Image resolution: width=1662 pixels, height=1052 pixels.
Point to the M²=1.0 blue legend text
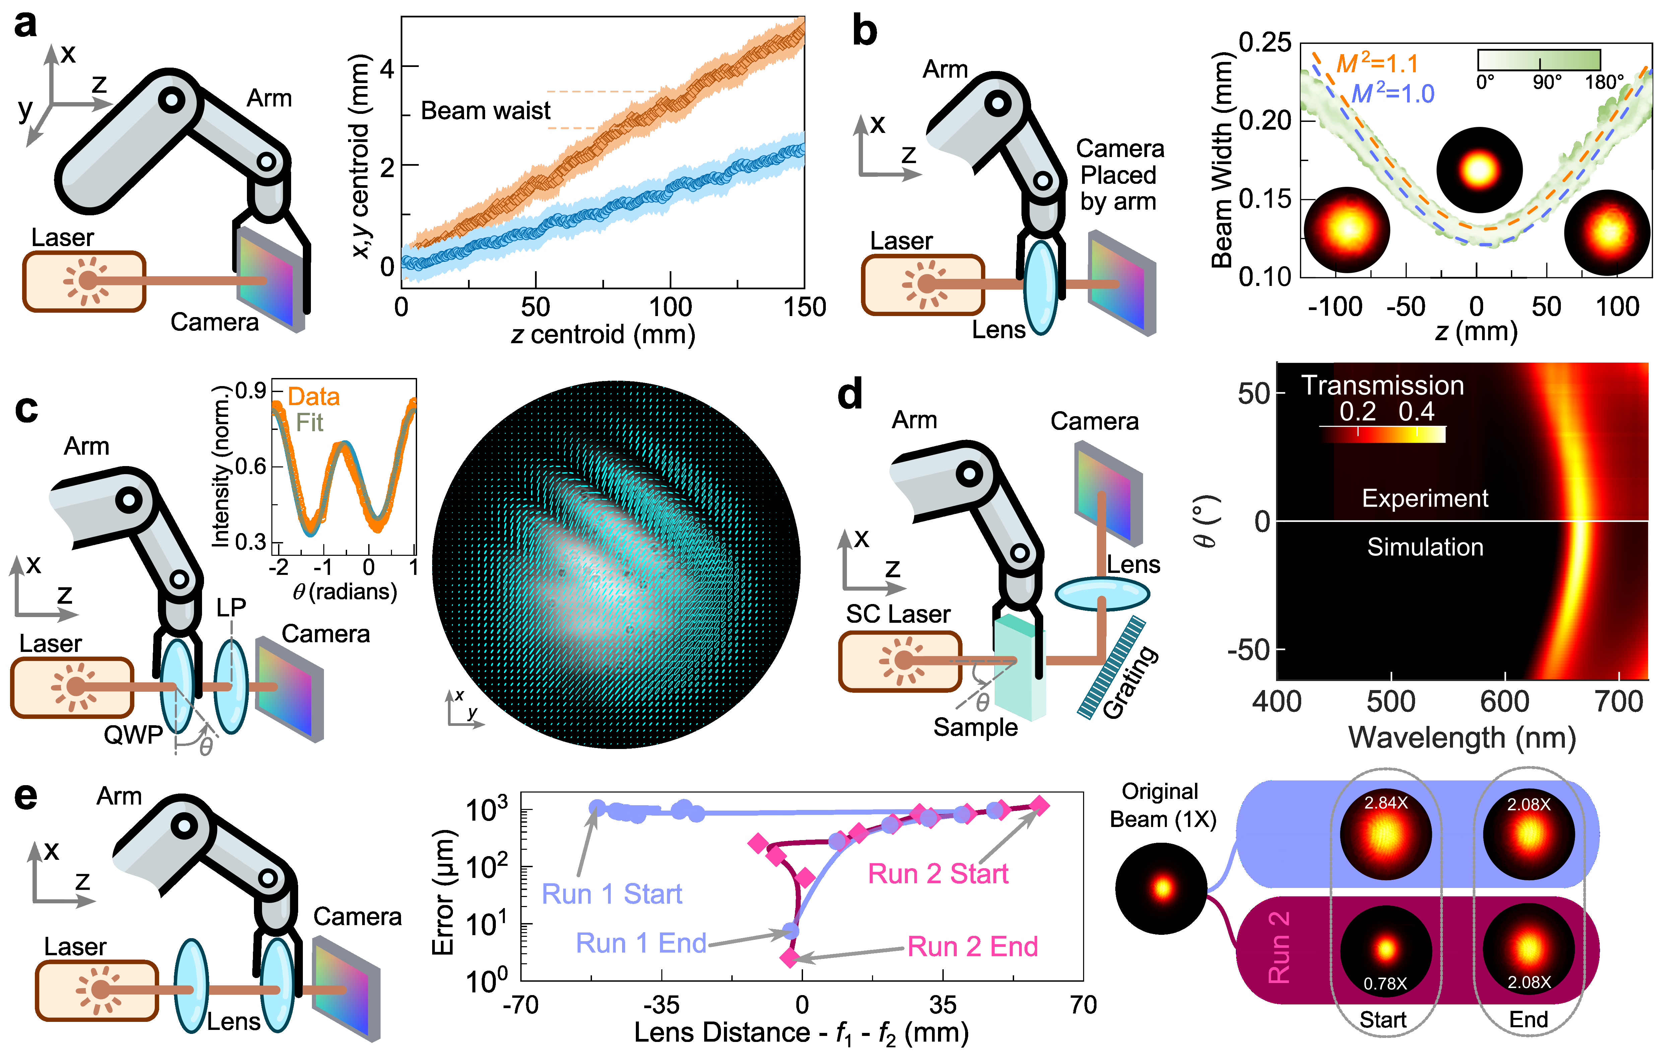[1392, 93]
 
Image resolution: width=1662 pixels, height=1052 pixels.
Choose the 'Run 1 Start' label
[611, 894]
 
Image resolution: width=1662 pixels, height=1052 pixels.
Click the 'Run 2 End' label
[972, 947]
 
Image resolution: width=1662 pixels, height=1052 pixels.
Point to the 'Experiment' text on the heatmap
[1424, 498]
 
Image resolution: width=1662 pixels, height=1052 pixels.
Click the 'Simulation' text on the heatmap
[1424, 547]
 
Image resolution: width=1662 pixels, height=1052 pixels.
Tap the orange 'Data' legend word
[313, 397]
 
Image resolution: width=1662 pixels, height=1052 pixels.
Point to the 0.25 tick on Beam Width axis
[1264, 43]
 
